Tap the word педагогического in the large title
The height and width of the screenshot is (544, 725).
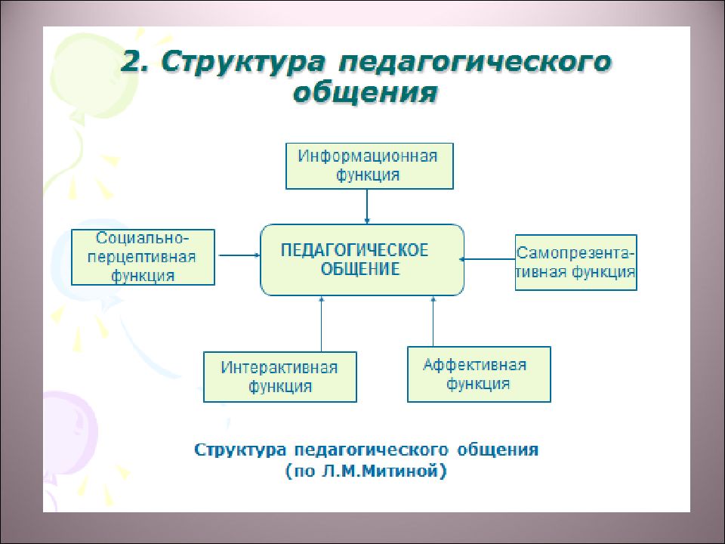[475, 63]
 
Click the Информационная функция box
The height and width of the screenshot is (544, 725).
[369, 166]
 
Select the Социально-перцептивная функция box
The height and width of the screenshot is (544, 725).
[143, 257]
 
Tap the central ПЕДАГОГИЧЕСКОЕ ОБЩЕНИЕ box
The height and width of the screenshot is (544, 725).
[362, 260]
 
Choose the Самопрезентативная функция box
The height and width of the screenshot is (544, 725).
[575, 263]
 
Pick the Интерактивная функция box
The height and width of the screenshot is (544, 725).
[279, 377]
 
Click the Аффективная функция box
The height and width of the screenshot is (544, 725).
[479, 374]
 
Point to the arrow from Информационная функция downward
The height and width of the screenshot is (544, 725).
[367, 207]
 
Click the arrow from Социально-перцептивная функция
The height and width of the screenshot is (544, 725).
[239, 255]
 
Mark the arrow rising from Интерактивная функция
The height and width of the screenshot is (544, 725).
[322, 324]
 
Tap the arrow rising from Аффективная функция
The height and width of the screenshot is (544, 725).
[433, 322]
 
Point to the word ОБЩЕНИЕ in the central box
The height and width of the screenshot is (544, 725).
[360, 269]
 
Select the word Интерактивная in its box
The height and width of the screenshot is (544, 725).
[279, 368]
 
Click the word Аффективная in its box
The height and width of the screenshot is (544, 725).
[475, 365]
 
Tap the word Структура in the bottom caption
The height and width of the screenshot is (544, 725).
[240, 450]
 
